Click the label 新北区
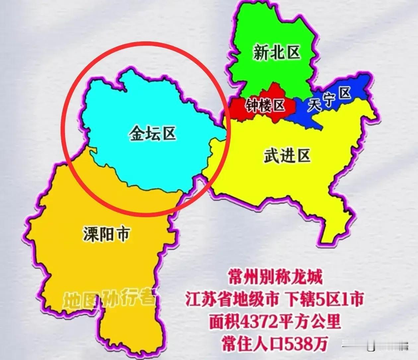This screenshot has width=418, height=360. pos(277,53)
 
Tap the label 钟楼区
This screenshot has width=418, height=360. pos(265,105)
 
